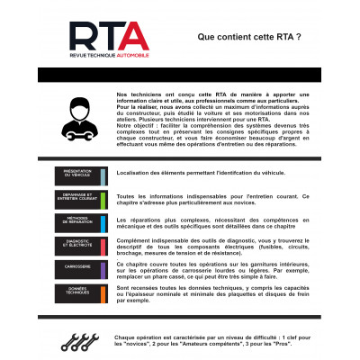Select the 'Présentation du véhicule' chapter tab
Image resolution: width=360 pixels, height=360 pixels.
pyautogui.click(x=83, y=174)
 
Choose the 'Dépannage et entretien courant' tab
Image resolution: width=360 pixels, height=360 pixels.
pyautogui.click(x=83, y=198)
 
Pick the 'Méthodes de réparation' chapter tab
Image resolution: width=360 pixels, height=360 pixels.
pyautogui.click(x=83, y=220)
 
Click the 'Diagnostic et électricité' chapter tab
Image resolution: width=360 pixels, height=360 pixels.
pyautogui.click(x=83, y=244)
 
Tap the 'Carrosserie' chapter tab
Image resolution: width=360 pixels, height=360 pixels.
pyautogui.click(x=83, y=267)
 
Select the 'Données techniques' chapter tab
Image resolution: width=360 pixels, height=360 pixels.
pyautogui.click(x=83, y=291)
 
